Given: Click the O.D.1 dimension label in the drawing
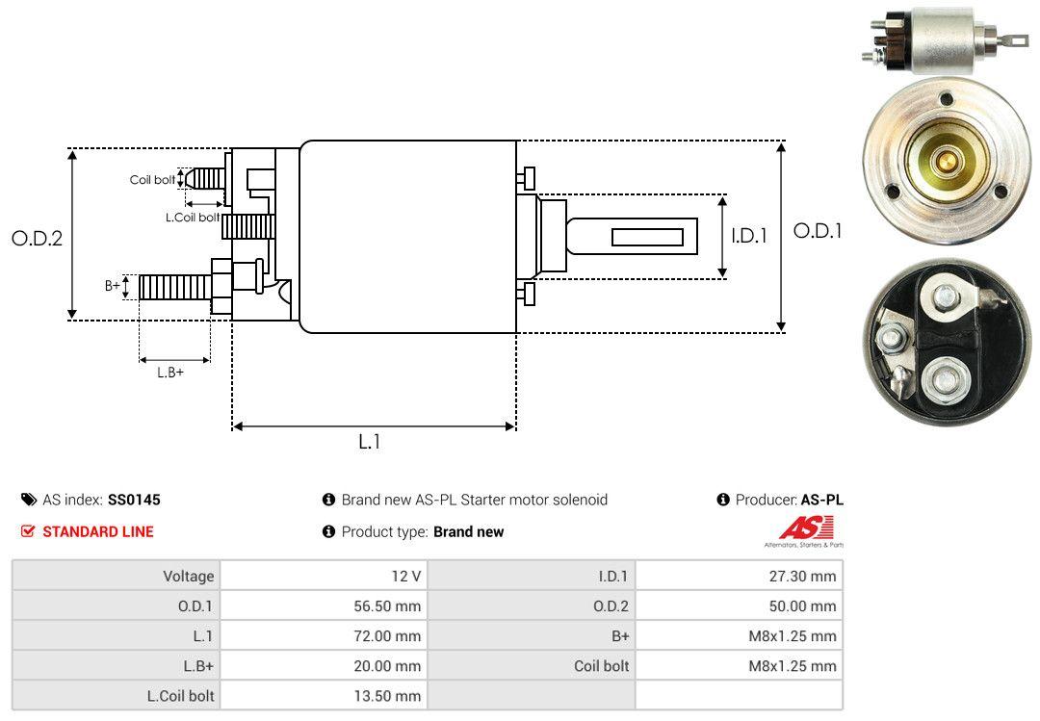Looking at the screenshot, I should (817, 231).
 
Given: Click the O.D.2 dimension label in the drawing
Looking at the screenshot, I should (37, 239).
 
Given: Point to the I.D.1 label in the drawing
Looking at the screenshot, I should (748, 235).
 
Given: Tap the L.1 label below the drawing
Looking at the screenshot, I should (371, 442).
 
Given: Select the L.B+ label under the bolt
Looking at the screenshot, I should (170, 372).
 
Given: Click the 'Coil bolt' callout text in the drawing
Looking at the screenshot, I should (152, 180).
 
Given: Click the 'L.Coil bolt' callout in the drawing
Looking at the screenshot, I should (193, 218).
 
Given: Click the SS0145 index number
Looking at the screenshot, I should (134, 500).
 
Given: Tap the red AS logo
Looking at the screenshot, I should (806, 528).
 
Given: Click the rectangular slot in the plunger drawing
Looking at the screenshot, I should (647, 237).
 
